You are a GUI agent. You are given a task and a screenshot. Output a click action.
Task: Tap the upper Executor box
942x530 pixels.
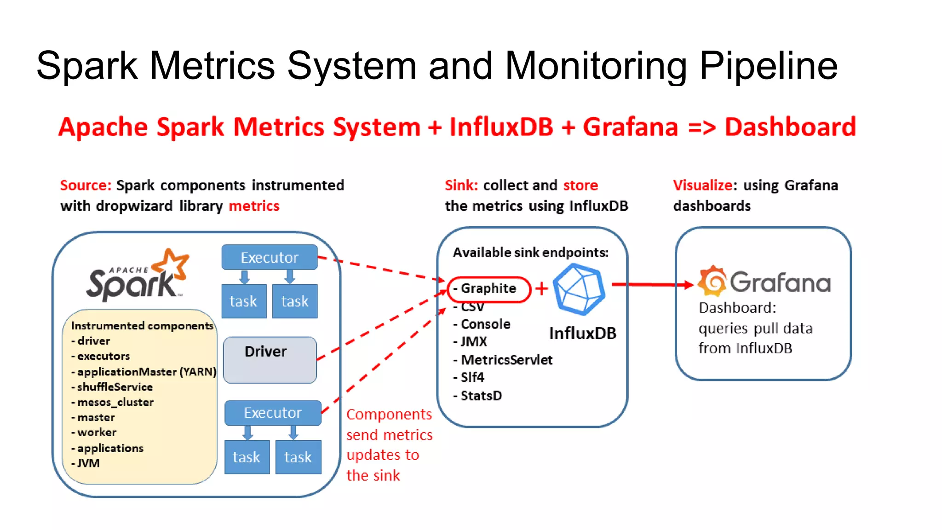pyautogui.click(x=270, y=257)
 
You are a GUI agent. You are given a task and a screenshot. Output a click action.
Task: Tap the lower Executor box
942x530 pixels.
pyautogui.click(x=273, y=413)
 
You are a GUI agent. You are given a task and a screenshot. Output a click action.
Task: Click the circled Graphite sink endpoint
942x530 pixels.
pyautogui.click(x=488, y=289)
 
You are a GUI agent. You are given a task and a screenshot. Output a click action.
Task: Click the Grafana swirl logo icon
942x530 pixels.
pyautogui.click(x=712, y=281)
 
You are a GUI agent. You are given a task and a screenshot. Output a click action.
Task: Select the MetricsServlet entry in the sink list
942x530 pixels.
pyautogui.click(x=506, y=360)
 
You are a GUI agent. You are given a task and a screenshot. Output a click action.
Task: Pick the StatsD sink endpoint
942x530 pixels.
pyautogui.click(x=481, y=396)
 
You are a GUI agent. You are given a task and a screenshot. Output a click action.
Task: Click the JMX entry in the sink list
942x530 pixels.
pyautogui.click(x=473, y=342)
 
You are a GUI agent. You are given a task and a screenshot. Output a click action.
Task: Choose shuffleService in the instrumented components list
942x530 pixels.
pyautogui.click(x=115, y=387)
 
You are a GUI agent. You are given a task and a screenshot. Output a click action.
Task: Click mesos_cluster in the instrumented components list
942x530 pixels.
pyautogui.click(x=115, y=402)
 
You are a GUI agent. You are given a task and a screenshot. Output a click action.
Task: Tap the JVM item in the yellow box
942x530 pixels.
pyautogui.click(x=88, y=463)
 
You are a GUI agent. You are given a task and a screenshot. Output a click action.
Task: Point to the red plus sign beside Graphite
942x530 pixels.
pyautogui.click(x=542, y=288)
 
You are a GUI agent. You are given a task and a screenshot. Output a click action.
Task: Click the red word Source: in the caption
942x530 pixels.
pyautogui.click(x=86, y=185)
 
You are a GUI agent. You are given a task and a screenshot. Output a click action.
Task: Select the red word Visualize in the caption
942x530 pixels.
pyautogui.click(x=702, y=185)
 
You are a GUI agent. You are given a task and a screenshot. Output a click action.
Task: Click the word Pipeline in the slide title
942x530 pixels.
pyautogui.click(x=768, y=66)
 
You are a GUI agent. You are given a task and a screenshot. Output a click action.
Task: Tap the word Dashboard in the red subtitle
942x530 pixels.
pyautogui.click(x=790, y=127)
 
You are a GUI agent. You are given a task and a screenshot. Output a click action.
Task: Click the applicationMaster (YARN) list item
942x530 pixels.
pyautogui.click(x=146, y=372)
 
